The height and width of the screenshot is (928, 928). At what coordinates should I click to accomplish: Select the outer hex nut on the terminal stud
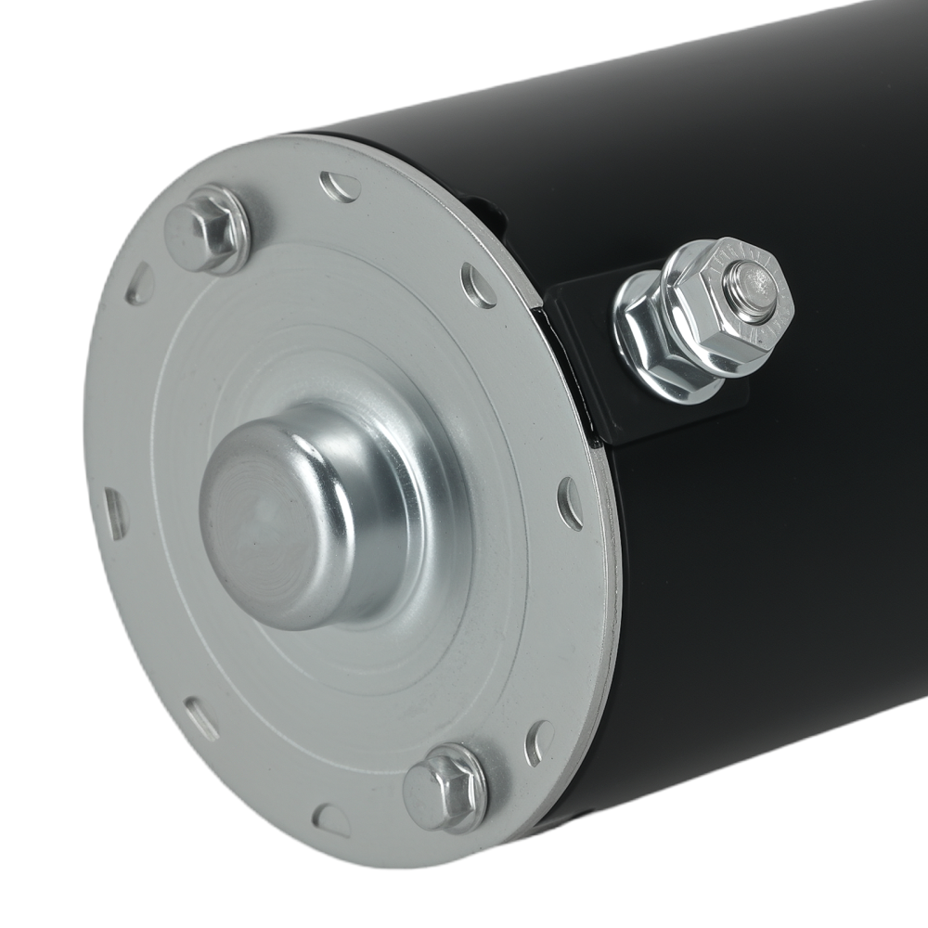733,306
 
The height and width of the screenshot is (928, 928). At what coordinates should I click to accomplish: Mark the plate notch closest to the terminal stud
479,286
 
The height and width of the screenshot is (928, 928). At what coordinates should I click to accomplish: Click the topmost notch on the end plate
341,187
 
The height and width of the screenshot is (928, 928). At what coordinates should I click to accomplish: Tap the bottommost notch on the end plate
331,818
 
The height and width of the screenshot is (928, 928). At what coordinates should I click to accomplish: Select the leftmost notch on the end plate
114,513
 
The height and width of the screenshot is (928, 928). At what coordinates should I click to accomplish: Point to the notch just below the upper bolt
140,283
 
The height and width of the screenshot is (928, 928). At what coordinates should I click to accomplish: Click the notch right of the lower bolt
538,742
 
